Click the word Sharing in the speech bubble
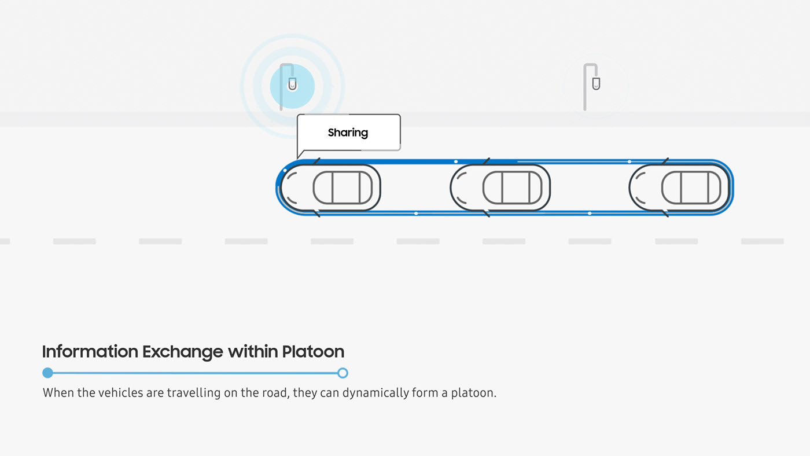pos(348,133)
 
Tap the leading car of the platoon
pos(330,187)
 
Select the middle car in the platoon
pos(500,187)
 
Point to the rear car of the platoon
pos(679,187)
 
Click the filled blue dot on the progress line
pos(48,373)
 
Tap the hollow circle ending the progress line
pos(343,373)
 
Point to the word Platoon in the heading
pos(313,351)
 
